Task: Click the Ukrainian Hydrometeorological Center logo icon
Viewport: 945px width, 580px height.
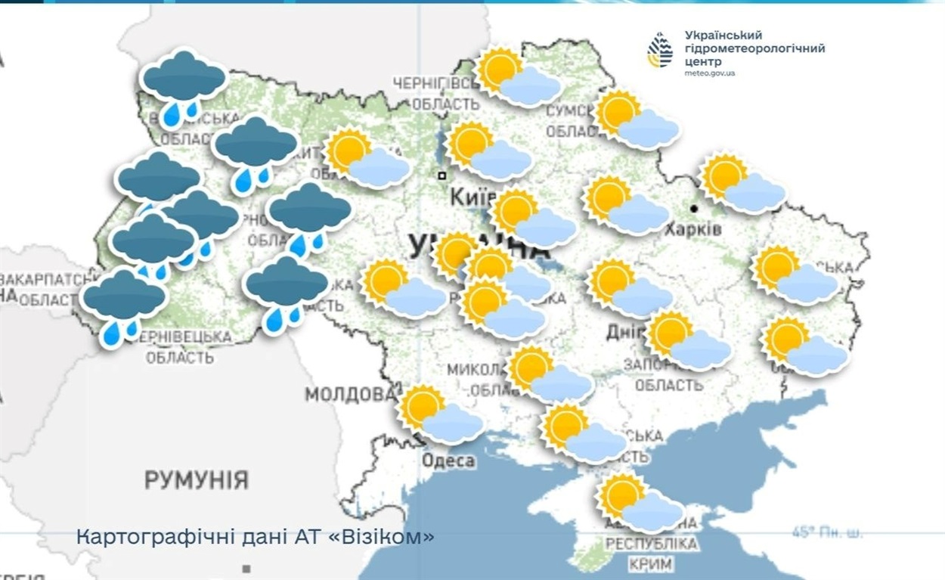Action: pos(660,51)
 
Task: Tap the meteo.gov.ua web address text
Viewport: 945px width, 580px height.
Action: pos(710,73)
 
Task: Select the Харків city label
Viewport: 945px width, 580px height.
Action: pos(693,228)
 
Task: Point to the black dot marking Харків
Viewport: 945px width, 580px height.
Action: pos(693,207)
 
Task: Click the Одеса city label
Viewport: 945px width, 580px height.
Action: pos(448,461)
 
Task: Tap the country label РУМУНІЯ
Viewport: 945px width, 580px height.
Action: pos(196,479)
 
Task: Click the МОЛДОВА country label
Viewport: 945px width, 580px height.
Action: pos(350,395)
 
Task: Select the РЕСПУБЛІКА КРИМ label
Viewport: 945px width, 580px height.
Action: pos(652,554)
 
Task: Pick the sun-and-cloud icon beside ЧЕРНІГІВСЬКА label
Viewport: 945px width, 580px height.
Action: pos(517,77)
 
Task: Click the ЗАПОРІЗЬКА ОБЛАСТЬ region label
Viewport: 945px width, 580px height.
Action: pos(668,376)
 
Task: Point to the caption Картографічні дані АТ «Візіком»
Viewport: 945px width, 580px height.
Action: pos(256,537)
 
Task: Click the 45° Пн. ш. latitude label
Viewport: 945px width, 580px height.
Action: pos(826,532)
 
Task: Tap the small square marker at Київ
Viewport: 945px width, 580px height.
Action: pos(442,175)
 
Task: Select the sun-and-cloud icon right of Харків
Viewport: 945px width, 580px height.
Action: pos(742,184)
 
